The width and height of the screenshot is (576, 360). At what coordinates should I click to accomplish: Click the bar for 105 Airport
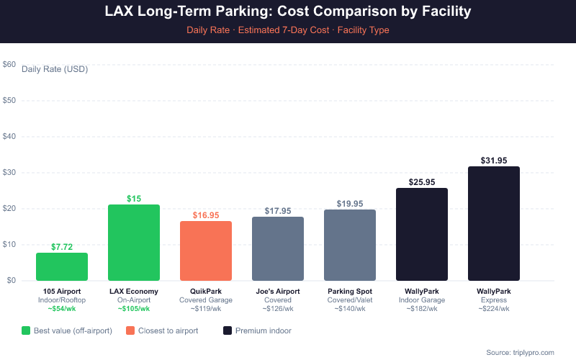(62, 266)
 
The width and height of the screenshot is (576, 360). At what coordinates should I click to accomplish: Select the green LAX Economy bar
(134, 243)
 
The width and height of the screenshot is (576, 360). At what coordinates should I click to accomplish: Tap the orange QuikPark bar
(206, 251)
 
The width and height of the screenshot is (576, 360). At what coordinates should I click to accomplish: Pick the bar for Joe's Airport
(278, 248)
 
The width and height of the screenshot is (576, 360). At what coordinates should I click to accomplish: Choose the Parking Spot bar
(350, 245)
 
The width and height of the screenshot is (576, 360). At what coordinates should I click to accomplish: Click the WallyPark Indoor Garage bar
(422, 234)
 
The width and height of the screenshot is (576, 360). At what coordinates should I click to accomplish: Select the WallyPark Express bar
(494, 223)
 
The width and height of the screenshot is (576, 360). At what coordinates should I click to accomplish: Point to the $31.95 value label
(494, 160)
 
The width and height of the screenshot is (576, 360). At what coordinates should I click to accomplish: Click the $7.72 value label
(62, 247)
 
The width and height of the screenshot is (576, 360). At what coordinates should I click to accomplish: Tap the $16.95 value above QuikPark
(206, 215)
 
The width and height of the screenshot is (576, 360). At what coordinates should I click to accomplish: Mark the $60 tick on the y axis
(9, 64)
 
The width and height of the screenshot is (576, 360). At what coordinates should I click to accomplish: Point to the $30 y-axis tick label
(9, 172)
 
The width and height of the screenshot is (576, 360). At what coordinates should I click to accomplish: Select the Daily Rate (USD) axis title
(54, 69)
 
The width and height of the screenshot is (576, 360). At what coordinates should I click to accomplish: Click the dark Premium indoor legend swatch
(228, 330)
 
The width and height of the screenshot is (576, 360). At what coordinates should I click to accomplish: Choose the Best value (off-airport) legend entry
(68, 330)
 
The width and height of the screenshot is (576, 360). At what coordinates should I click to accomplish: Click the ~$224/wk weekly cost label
(494, 308)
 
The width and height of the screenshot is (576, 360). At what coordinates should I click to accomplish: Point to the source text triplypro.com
(519, 352)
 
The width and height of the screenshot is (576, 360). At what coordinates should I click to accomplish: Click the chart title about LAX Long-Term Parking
(288, 12)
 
